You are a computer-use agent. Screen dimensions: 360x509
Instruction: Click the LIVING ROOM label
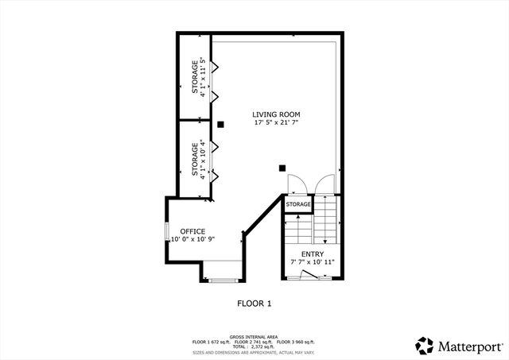276,114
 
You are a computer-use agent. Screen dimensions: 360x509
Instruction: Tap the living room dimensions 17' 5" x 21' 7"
276,122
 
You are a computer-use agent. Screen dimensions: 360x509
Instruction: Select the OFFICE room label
192,231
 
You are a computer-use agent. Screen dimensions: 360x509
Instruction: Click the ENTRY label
312,254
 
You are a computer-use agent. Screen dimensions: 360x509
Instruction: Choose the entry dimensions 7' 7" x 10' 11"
312,262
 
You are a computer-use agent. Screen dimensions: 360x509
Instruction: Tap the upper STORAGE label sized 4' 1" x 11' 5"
195,76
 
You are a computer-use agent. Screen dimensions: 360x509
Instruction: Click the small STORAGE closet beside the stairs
298,204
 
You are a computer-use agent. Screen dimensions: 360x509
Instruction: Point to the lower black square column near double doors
282,168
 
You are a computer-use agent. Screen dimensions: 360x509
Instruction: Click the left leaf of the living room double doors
293,184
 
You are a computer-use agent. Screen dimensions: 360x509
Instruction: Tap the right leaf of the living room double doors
324,184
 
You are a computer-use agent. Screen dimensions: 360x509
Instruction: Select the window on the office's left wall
166,236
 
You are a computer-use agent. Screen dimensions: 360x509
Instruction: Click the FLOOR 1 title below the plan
254,303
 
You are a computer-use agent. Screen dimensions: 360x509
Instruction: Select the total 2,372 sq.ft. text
254,347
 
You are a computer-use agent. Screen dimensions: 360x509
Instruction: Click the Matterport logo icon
424,344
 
